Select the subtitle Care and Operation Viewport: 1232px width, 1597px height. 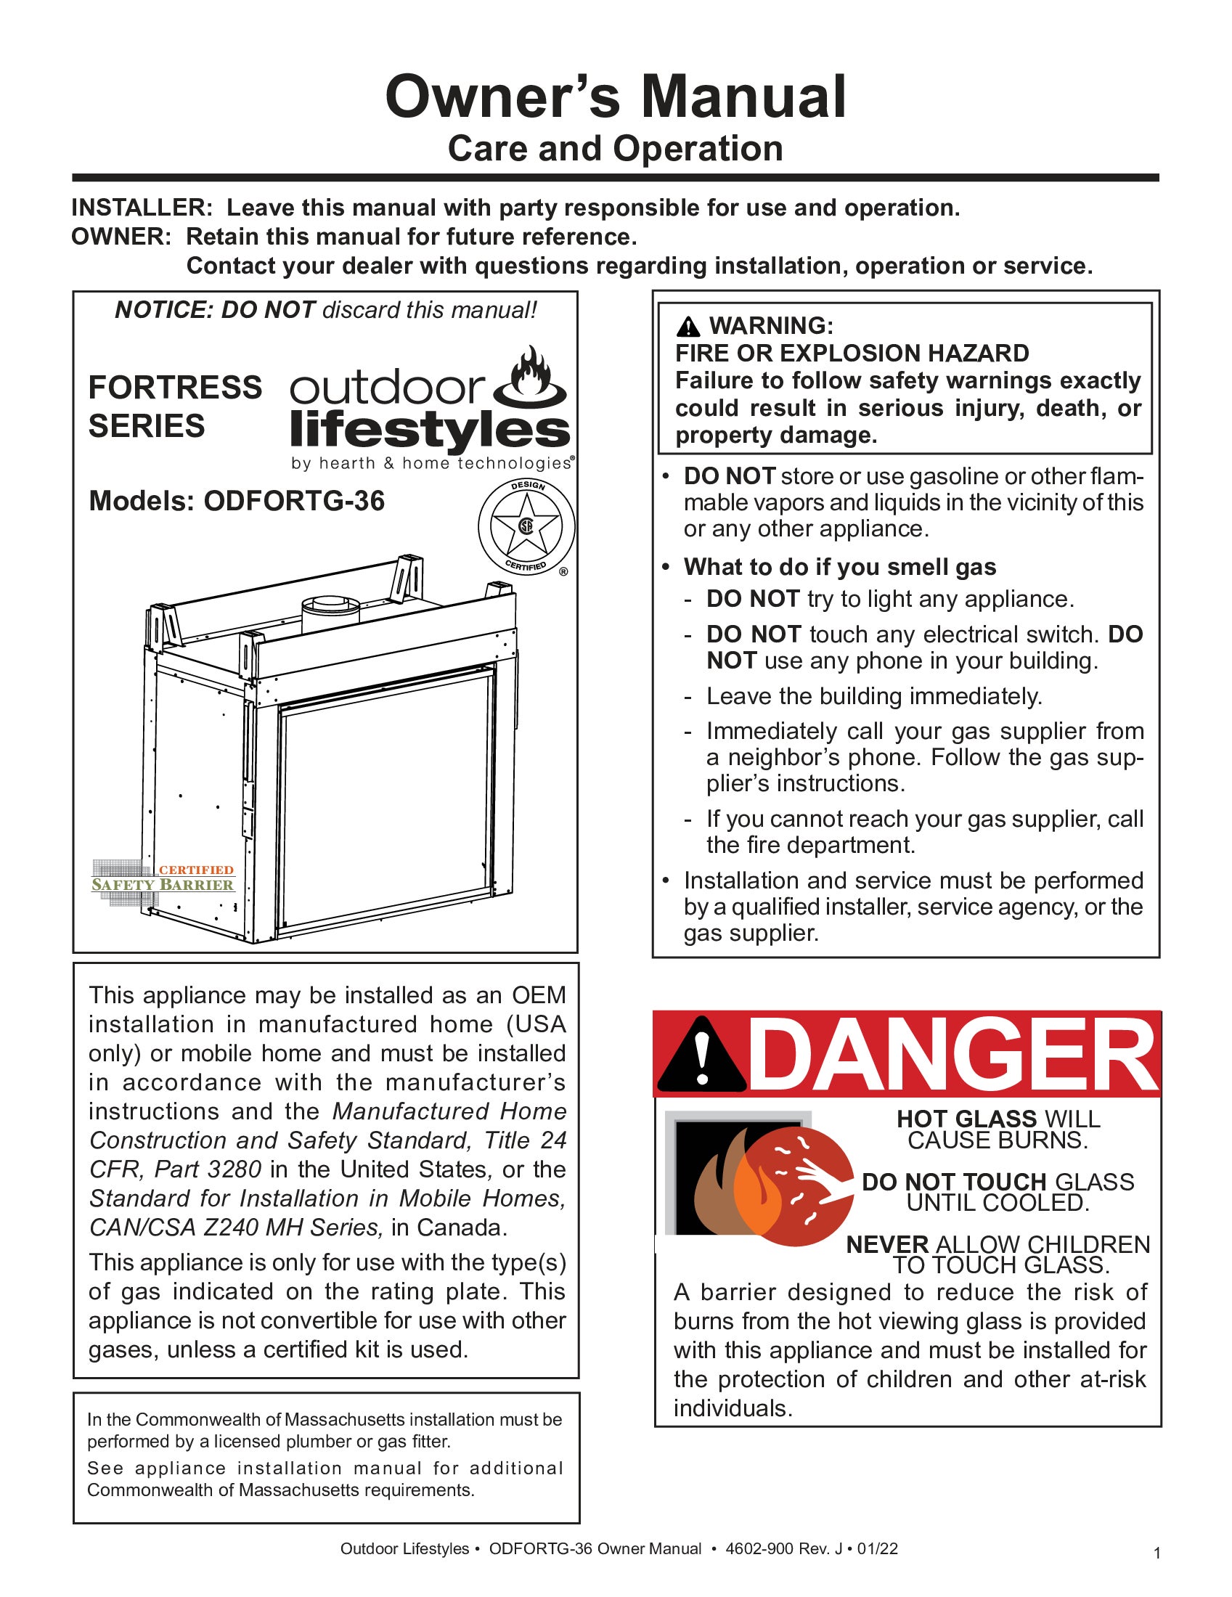click(x=616, y=148)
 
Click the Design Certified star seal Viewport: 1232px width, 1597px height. click(x=526, y=526)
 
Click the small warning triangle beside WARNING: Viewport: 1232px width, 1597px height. click(x=688, y=326)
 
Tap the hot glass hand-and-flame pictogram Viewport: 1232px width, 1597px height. click(x=760, y=1177)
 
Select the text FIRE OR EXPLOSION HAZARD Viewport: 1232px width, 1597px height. click(x=852, y=354)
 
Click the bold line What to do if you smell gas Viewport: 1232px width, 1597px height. click(x=839, y=567)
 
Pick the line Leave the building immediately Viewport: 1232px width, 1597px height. click(x=874, y=696)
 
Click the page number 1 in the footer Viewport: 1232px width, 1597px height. click(x=1156, y=1553)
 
